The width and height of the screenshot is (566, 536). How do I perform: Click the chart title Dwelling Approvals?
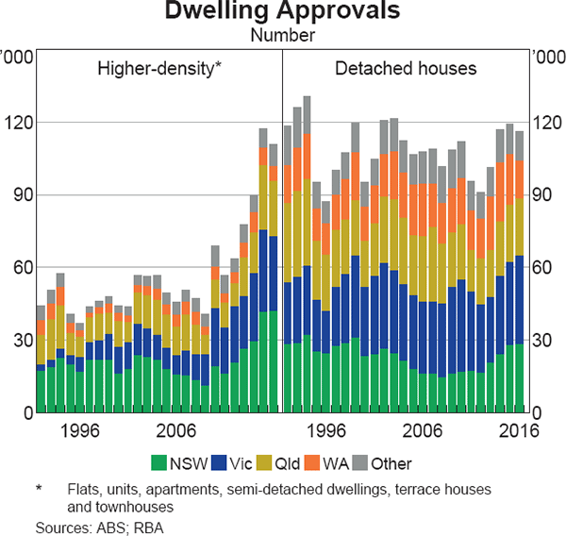pos(282,13)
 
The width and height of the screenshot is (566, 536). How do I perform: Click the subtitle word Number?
pos(282,36)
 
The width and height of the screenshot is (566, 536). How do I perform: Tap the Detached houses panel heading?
pos(406,68)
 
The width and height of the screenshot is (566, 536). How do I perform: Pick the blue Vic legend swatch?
pos(220,464)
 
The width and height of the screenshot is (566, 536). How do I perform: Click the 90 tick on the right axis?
pos(543,195)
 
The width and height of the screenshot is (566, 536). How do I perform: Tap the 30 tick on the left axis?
pos(22,341)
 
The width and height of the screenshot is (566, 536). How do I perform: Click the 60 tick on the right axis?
pos(543,268)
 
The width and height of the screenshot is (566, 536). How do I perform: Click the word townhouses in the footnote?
pos(129,506)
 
